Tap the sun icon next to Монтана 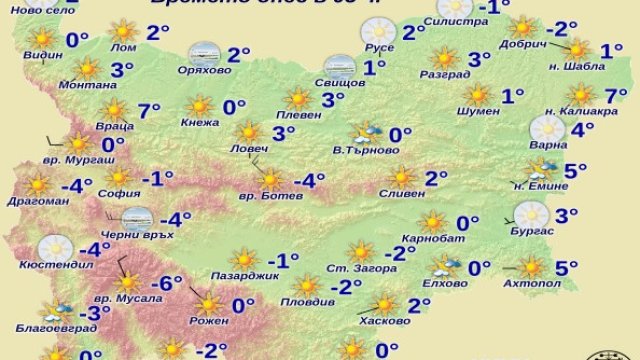[87, 69]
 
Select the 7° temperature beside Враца [149, 110]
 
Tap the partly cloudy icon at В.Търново [363, 134]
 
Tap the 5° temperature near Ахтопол [567, 266]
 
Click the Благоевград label [49, 326]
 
